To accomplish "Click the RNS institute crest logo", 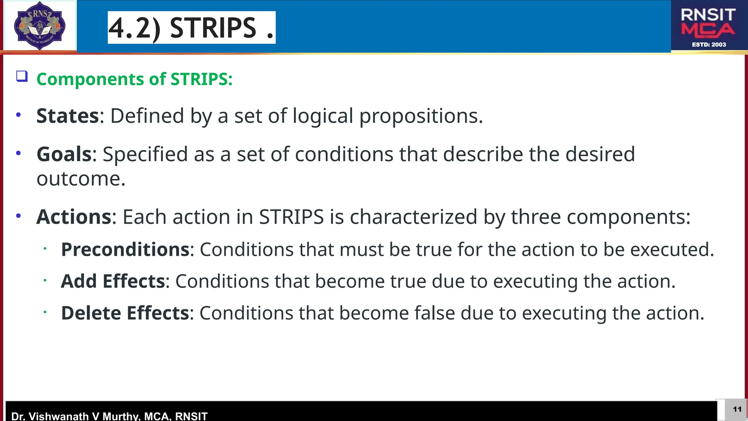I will (x=39, y=26).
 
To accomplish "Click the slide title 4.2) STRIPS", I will (x=191, y=28).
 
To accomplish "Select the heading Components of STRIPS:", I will (x=134, y=79).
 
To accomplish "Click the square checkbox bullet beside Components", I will (x=22, y=76).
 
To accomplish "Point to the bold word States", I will (x=68, y=116).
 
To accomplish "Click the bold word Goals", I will (x=64, y=154).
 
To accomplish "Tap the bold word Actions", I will (x=74, y=217).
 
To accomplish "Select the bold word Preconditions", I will (x=125, y=250).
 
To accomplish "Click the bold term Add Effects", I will (x=113, y=281).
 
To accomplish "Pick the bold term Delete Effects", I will (x=125, y=313).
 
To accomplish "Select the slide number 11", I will (x=737, y=409).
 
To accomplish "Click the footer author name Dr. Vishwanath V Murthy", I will (x=73, y=416).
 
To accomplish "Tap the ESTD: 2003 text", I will (x=709, y=45).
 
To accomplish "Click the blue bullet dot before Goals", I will (x=19, y=153).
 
